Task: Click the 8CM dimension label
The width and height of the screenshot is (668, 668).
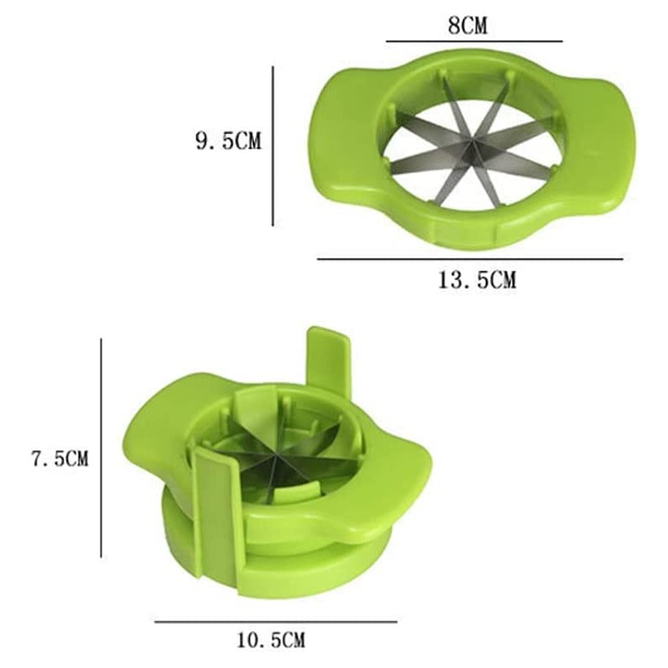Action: coord(468,25)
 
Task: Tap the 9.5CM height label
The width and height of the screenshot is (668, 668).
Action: coord(228,141)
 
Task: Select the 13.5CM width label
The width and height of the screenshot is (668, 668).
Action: coord(477,280)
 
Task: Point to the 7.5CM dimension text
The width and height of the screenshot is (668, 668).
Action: coord(58,458)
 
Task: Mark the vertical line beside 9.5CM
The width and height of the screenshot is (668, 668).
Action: coord(273,146)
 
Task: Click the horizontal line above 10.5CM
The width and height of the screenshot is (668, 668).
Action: coord(276,621)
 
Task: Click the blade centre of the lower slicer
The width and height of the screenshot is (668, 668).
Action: coord(272,458)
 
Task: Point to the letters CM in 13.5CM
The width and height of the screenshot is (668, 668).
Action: coord(501,280)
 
